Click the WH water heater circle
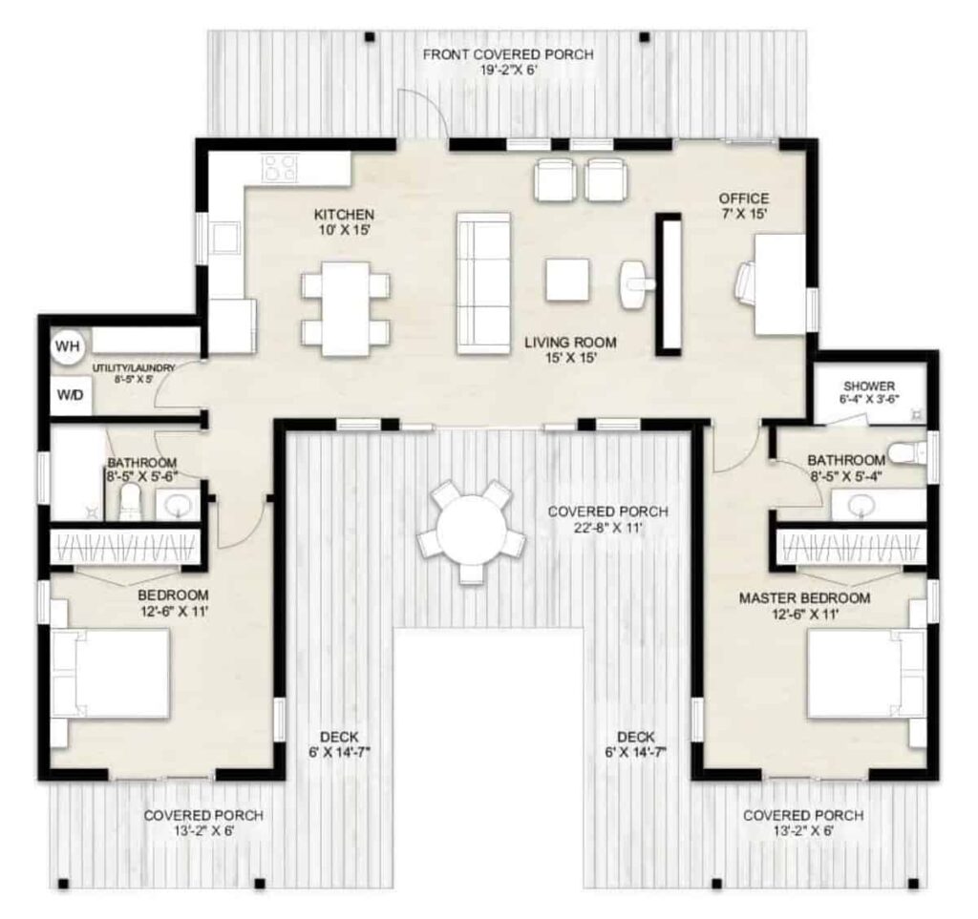tap(68, 346)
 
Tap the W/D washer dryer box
tap(71, 396)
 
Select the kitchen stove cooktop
tap(280, 168)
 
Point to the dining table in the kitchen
tap(346, 309)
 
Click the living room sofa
tap(483, 283)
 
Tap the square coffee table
tap(567, 280)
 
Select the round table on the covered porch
tap(470, 532)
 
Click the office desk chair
tap(746, 283)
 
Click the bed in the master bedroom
tap(866, 674)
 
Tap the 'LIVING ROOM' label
tap(570, 342)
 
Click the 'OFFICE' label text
tap(743, 198)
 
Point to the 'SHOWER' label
tap(869, 386)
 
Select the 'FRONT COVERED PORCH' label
tap(508, 54)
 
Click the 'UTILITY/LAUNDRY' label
tap(134, 367)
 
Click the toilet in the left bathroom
tap(130, 502)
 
